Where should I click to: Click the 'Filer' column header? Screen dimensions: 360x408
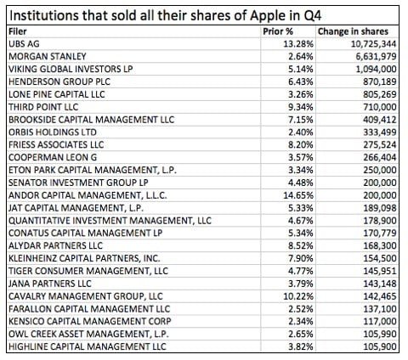18,31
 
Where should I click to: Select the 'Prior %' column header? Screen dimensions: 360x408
278,31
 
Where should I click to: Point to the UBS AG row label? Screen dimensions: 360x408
23,43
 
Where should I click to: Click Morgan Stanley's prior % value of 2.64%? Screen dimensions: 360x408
289,56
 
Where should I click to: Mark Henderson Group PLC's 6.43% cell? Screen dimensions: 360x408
289,82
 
